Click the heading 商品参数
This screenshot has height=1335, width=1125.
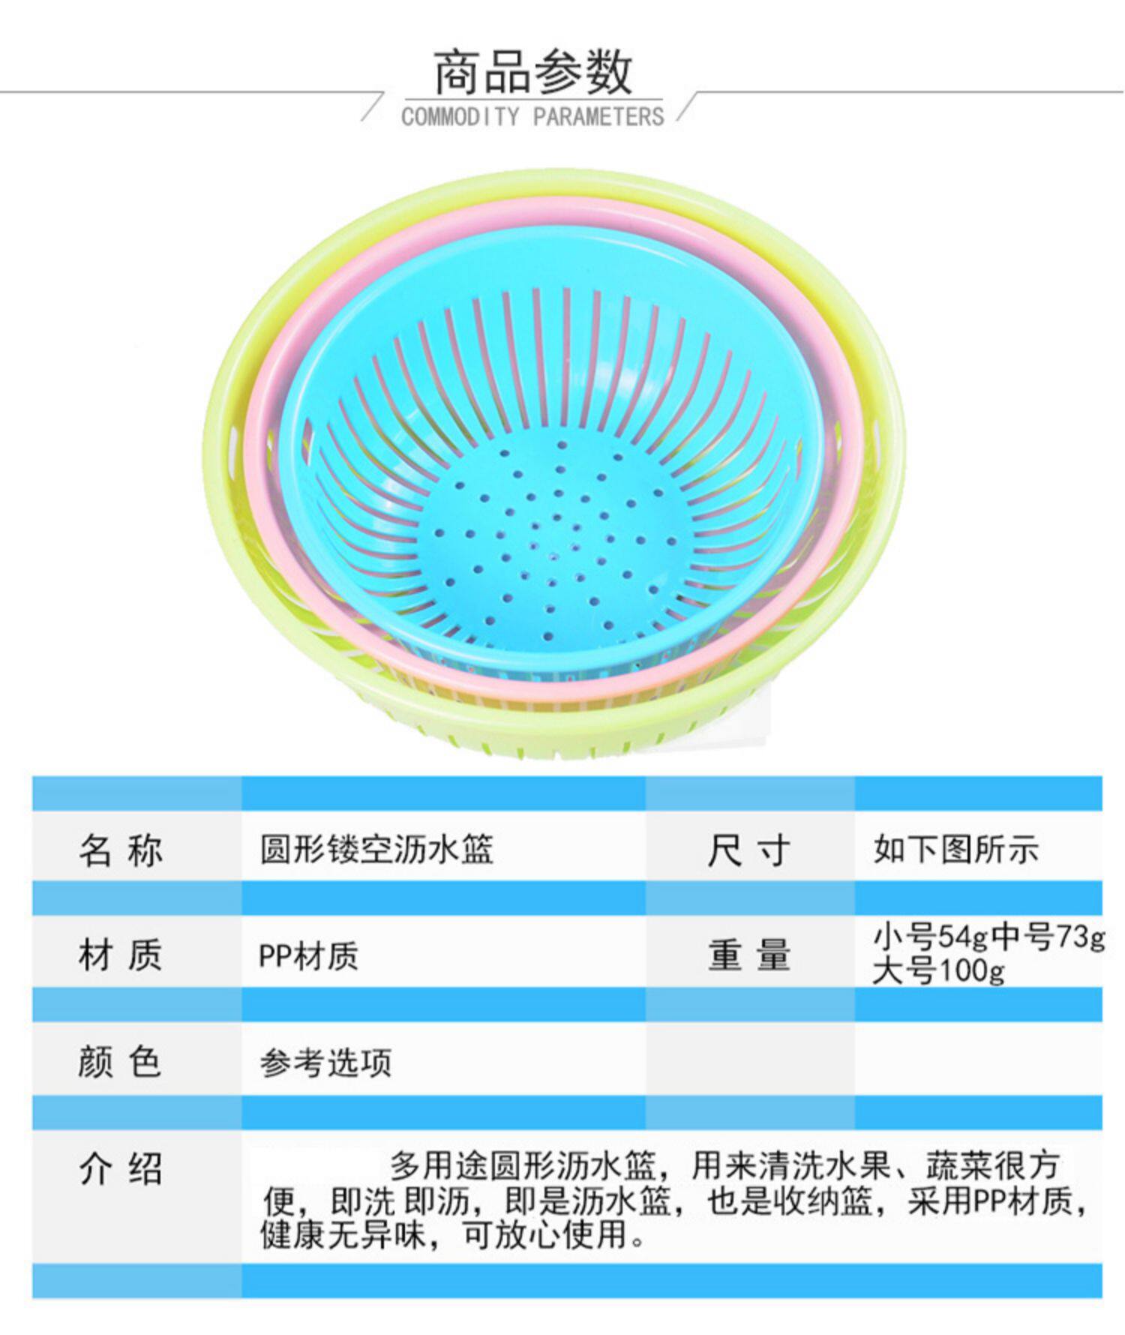532,73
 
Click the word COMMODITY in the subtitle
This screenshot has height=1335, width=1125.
460,117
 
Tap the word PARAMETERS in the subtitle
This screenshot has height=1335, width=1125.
598,117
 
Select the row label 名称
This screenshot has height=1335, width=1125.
120,850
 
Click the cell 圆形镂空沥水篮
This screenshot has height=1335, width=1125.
376,850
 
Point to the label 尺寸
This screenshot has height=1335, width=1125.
748,850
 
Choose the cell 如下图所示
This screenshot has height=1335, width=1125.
956,850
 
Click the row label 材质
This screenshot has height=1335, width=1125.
120,955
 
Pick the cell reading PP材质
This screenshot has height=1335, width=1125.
308,956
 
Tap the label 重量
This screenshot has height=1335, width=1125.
748,955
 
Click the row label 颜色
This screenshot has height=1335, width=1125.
120,1062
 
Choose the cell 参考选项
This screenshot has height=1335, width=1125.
325,1063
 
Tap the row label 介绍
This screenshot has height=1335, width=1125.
120,1168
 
